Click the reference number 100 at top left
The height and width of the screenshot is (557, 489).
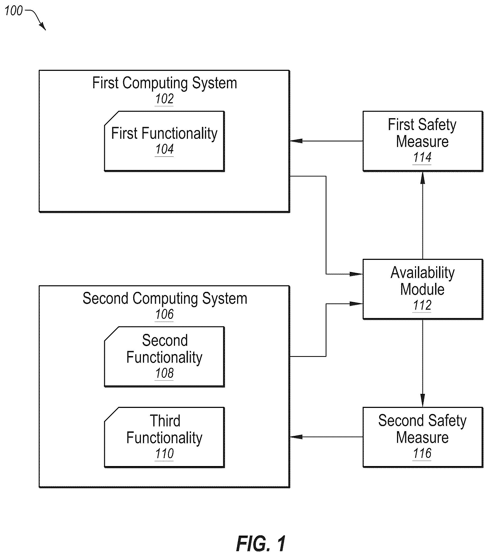pyautogui.click(x=14, y=11)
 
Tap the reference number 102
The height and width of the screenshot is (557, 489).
pyautogui.click(x=164, y=99)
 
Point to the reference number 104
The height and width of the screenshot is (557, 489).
pyautogui.click(x=164, y=149)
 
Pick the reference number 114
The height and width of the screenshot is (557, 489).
pyautogui.click(x=422, y=157)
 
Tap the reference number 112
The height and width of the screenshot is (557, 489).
pyautogui.click(x=422, y=305)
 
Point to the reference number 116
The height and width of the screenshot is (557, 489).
pyautogui.click(x=422, y=453)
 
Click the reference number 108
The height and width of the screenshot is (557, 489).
pyautogui.click(x=164, y=373)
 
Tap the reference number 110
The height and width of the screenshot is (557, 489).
pyautogui.click(x=164, y=454)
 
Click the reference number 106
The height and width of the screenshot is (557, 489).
pyautogui.click(x=164, y=314)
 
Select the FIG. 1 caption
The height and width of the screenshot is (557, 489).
pyautogui.click(x=261, y=543)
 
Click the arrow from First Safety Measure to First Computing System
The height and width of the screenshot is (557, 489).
pyautogui.click(x=326, y=141)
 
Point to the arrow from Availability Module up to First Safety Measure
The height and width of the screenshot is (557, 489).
pyautogui.click(x=423, y=215)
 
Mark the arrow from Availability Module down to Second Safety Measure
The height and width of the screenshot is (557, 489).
pyautogui.click(x=423, y=363)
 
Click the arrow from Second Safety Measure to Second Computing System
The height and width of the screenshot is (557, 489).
pyautogui.click(x=326, y=437)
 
